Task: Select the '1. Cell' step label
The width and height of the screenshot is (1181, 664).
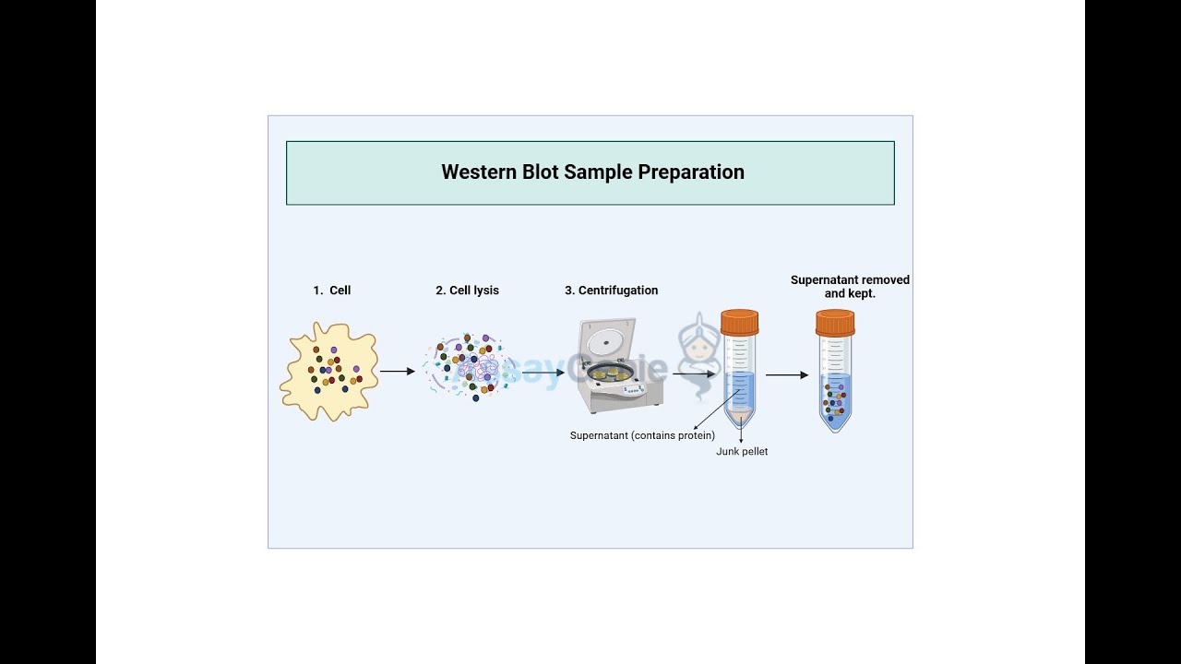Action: pos(331,290)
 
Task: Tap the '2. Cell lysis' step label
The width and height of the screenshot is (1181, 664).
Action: pos(467,290)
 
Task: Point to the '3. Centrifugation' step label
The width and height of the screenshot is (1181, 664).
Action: pos(611,290)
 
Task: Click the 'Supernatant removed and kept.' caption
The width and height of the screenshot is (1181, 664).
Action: pos(850,287)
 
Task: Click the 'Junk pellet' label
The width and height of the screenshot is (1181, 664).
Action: pos(742,452)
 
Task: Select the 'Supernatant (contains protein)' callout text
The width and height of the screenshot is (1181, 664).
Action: pos(642,435)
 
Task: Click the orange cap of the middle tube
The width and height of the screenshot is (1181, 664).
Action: pos(739,322)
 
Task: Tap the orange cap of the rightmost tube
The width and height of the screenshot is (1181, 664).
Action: pos(834,322)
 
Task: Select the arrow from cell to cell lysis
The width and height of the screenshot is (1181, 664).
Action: pos(398,372)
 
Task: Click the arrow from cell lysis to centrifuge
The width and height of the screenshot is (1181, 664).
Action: pos(543,373)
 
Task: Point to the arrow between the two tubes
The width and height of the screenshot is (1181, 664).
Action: pos(787,375)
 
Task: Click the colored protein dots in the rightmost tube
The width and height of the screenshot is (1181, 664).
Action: pos(834,401)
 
